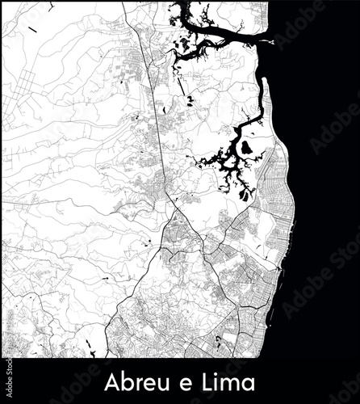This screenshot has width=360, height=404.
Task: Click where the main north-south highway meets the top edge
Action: (x=140, y=2)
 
